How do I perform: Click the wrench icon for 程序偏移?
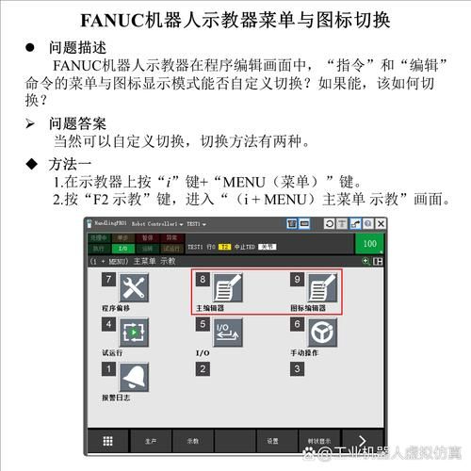pos(135,288)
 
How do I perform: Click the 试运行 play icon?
pos(135,333)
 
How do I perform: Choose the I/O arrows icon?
pos(227,333)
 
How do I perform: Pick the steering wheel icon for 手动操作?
pos(321,333)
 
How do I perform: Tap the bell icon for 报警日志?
pos(135,378)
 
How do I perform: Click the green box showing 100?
pos(369,243)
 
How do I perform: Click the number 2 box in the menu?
pos(203,368)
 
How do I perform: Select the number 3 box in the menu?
pos(297,368)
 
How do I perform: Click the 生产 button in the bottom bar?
pos(151,440)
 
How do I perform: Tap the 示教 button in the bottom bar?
pos(192,440)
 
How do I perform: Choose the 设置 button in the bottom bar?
pos(272,440)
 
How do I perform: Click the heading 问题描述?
pos(76,47)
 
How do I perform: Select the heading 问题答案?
pos(76,123)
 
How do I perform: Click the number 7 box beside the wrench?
pos(109,280)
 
